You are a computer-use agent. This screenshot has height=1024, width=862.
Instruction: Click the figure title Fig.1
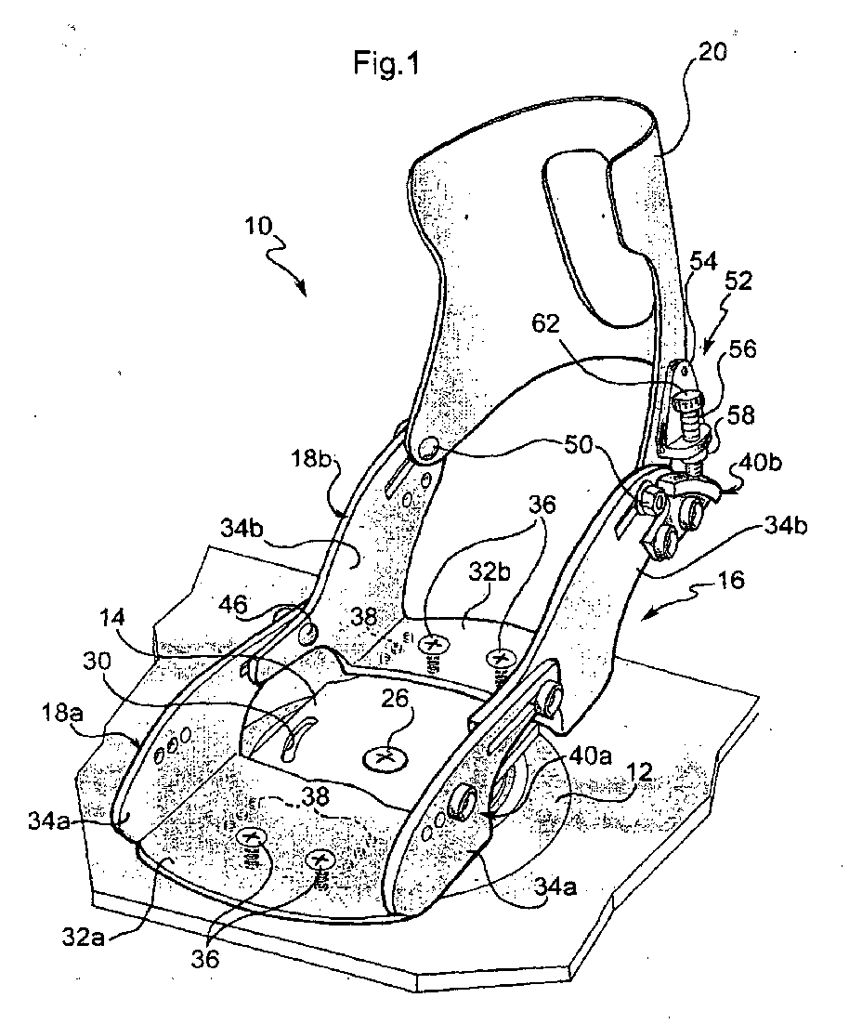pos(385,62)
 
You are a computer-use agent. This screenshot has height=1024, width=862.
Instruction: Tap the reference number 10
pos(258,226)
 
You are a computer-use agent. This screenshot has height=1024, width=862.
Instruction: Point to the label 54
pos(702,261)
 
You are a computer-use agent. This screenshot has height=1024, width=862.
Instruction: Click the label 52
pos(738,282)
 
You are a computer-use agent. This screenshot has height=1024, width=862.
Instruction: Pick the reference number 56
pos(742,348)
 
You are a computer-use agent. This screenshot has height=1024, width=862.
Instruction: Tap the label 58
pos(740,414)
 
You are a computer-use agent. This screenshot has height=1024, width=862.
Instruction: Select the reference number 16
pos(730,579)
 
